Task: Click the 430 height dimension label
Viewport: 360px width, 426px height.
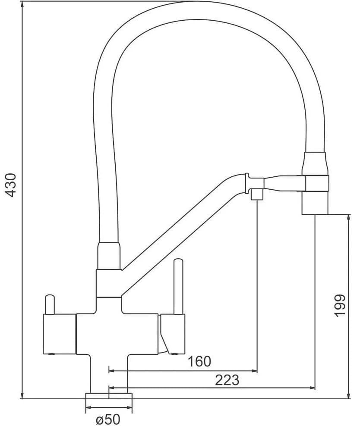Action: (x=12, y=185)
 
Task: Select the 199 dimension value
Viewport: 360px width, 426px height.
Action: (x=341, y=305)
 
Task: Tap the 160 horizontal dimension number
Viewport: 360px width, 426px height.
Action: (x=199, y=361)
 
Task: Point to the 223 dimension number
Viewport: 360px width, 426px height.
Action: (x=227, y=380)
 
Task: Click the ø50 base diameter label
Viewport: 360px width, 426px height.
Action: (x=108, y=419)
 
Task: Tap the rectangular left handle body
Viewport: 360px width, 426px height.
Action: (x=59, y=334)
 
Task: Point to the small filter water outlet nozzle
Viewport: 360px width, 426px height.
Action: (x=257, y=194)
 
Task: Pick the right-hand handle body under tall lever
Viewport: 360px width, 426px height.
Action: (x=173, y=334)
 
